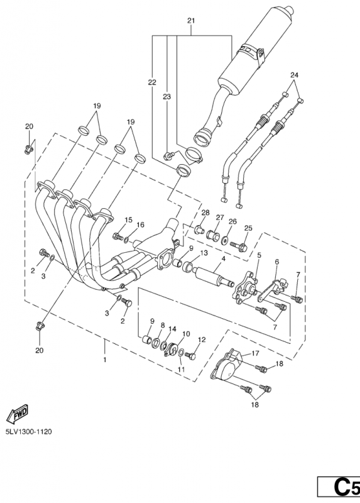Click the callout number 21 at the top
pyautogui.click(x=191, y=21)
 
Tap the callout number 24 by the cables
pyautogui.click(x=294, y=75)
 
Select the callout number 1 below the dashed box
pyautogui.click(x=104, y=360)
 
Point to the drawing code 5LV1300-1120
pyautogui.click(x=28, y=431)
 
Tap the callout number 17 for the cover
pyautogui.click(x=255, y=353)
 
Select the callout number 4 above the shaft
pyautogui.click(x=224, y=258)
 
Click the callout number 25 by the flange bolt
pyautogui.click(x=248, y=228)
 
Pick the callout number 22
pyautogui.click(x=152, y=82)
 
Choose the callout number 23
pyautogui.click(x=166, y=96)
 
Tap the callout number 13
pyautogui.click(x=204, y=253)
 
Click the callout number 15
pyautogui.click(x=128, y=219)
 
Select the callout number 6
pyautogui.click(x=277, y=262)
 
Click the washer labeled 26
pyautogui.click(x=226, y=240)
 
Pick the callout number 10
pyautogui.click(x=186, y=334)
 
